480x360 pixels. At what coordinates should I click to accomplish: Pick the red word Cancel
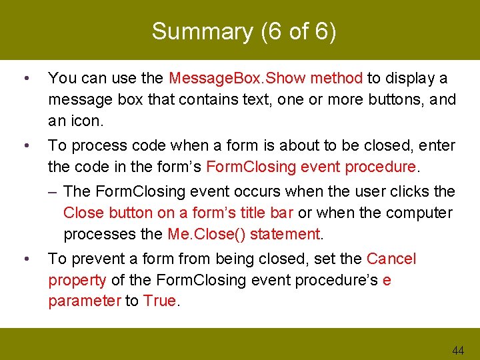(391, 259)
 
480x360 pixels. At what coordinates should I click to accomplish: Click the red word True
(159, 301)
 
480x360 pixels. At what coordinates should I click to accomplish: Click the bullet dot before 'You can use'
(25, 78)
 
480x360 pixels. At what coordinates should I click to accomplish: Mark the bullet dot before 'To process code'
(25, 145)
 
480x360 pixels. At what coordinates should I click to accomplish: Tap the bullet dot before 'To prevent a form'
(25, 259)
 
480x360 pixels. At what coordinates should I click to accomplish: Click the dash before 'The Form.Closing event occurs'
(53, 191)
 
